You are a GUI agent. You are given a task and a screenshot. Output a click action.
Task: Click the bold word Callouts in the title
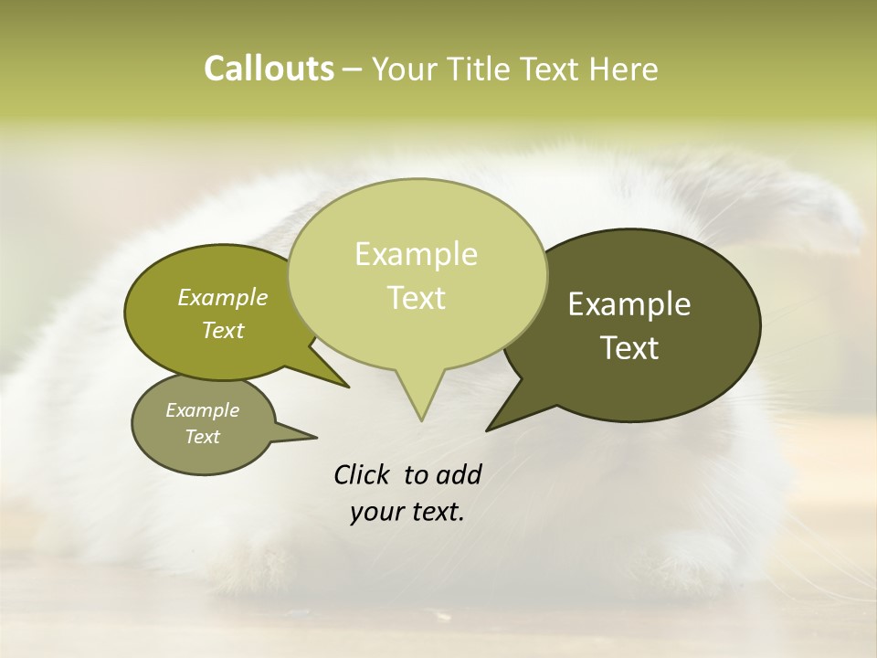[x=269, y=69]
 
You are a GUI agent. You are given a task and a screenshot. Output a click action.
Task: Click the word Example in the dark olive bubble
[x=629, y=304]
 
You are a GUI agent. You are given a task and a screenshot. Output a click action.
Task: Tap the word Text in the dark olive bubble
[x=629, y=348]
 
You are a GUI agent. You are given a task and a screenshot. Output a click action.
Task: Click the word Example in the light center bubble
[x=416, y=254]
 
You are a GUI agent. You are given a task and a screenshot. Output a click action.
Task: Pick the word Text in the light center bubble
[x=416, y=298]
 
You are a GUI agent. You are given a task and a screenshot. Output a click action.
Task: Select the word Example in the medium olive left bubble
[x=222, y=297]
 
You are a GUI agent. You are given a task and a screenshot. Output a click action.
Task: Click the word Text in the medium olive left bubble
[x=222, y=330]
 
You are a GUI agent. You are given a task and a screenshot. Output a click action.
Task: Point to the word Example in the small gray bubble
[x=202, y=410]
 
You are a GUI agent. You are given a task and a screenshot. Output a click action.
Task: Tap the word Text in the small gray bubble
[x=202, y=437]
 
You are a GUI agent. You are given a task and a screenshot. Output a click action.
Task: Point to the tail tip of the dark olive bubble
[x=487, y=430]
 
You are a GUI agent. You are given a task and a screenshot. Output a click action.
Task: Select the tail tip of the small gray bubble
[x=316, y=438]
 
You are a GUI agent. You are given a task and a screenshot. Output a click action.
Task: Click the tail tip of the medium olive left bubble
[x=348, y=387]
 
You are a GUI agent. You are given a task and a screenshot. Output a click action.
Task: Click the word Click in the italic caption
[x=363, y=474]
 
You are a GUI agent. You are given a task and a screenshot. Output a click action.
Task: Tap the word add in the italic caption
[x=459, y=474]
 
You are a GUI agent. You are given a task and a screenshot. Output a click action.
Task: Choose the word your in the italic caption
[x=376, y=512]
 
